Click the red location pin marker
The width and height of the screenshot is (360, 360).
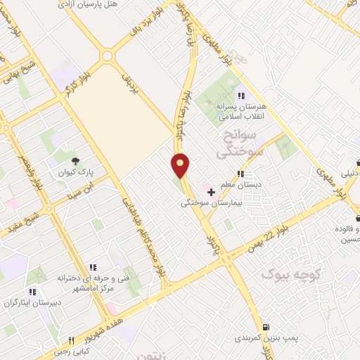(x=181, y=166)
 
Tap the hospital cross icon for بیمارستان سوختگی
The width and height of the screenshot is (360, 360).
(x=210, y=191)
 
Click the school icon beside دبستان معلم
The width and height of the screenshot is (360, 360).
(x=240, y=174)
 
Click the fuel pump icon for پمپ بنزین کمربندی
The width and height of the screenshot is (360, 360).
(x=264, y=327)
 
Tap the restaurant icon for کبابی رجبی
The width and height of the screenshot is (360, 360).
(x=71, y=340)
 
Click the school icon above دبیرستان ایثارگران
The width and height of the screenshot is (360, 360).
(x=32, y=292)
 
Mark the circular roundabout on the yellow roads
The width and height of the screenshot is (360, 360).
(x=107, y=56)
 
